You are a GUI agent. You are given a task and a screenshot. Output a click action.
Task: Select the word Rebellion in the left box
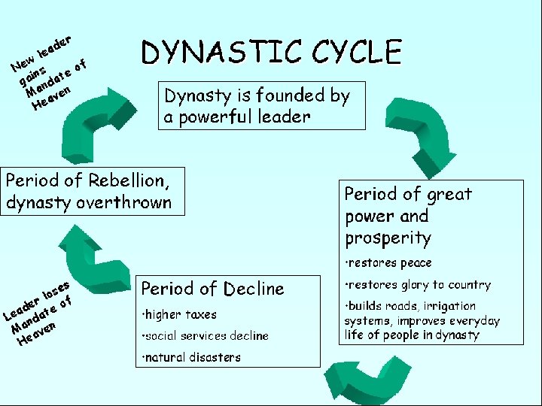(x=124, y=181)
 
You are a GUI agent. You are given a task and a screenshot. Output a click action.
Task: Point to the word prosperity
(x=388, y=238)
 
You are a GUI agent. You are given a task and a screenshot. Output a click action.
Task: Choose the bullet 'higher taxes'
(x=179, y=314)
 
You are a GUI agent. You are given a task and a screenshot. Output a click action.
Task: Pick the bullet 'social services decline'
(x=205, y=335)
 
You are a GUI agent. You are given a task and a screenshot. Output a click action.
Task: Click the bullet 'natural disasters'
(x=191, y=357)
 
